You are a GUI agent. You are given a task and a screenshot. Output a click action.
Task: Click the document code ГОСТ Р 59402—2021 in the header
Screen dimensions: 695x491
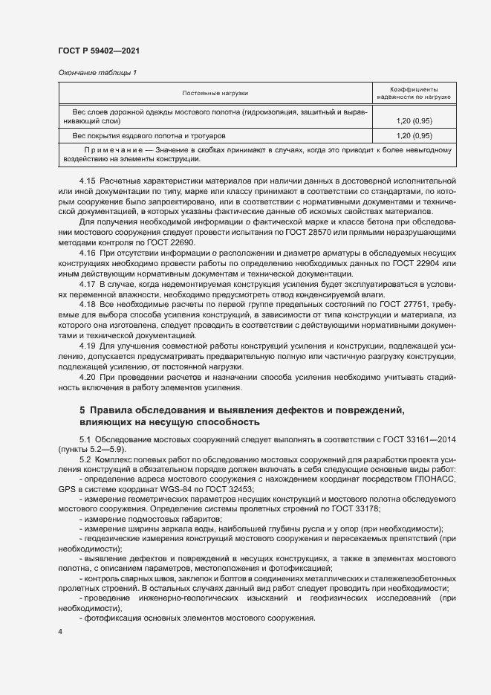(99, 51)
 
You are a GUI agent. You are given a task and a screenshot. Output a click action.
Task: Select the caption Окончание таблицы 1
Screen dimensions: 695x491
(97, 72)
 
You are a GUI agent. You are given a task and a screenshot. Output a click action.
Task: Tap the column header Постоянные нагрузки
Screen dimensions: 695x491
(215, 93)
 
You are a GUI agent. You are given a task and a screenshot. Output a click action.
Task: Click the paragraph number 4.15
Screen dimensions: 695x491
(87, 181)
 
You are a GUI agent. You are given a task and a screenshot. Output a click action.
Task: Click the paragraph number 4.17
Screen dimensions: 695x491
(87, 284)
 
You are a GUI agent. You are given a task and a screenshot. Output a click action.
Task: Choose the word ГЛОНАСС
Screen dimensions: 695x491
(435, 479)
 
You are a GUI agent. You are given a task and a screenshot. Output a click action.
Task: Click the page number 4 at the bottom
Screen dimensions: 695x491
(60, 631)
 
